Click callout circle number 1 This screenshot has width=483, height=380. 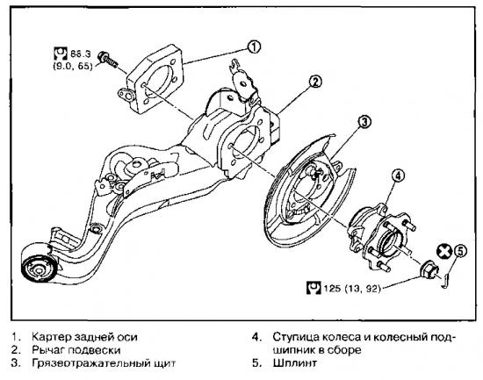254,47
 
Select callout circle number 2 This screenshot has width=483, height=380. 315,82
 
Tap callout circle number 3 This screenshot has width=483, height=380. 364,122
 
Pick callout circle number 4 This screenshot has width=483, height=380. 398,176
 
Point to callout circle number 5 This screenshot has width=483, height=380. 460,251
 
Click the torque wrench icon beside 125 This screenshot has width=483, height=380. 314,287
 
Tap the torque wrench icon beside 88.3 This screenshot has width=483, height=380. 61,54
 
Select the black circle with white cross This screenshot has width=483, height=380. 444,251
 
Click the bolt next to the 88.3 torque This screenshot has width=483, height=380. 107,60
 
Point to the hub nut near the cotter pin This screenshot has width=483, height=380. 429,269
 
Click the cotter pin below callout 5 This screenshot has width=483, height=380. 446,277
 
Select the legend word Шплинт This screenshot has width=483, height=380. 294,362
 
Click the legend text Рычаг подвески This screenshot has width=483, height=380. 76,350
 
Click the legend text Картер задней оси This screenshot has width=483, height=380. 84,337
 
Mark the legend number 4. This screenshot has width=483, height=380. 256,337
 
